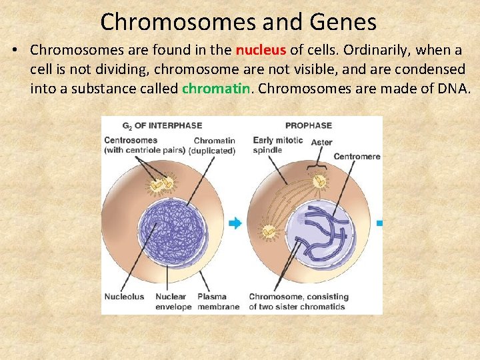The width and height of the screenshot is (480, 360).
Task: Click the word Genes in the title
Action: pos(343,22)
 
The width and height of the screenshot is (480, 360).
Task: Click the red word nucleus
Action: pos(261,50)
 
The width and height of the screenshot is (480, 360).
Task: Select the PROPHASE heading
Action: pos(308,125)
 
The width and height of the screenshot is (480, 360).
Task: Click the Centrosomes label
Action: pos(131,141)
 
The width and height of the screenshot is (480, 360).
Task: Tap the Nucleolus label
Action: pos(124,297)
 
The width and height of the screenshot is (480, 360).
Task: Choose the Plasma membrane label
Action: pos(218,302)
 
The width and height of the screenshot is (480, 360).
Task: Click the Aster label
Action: pos(322,142)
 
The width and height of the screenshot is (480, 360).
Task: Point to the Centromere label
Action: pos(357,157)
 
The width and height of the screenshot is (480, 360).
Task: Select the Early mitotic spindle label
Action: pos(277,145)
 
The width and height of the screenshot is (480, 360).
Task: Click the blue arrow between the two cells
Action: pos(235,224)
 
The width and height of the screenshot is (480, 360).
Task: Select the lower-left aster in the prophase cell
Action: pos(269,231)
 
